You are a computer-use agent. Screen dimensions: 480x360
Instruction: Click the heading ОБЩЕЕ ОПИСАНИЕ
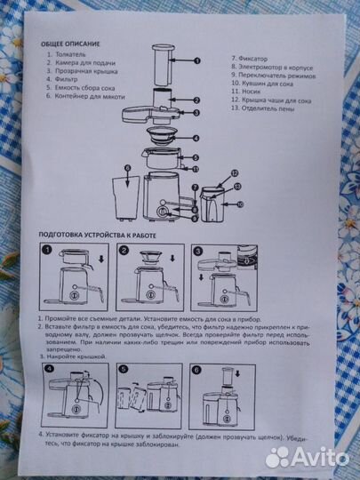pyautogui.click(x=69, y=44)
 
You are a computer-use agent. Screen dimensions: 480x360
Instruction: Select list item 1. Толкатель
pyautogui.click(x=70, y=54)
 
